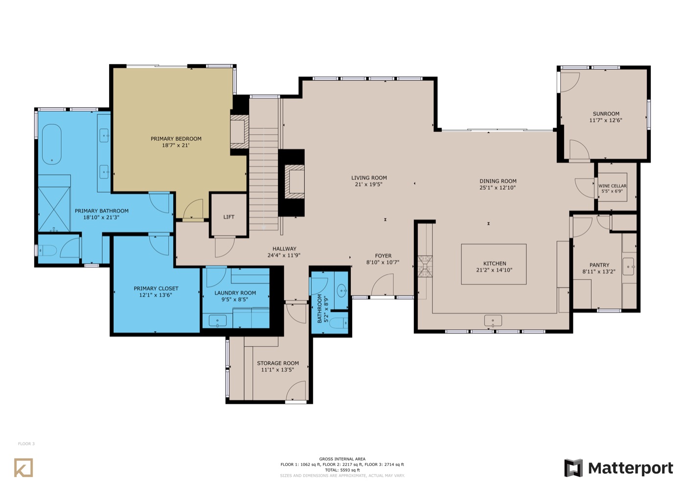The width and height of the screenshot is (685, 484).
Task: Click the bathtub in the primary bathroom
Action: click(52, 144)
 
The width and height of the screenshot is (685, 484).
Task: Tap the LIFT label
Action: click(229, 217)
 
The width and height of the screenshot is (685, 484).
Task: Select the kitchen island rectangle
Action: click(494, 264)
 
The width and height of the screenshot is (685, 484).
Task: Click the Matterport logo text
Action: click(631, 468)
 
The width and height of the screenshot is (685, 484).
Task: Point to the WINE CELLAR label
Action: click(612, 186)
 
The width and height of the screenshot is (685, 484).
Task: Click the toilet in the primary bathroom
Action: click(47, 250)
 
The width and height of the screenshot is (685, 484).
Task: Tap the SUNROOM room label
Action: click(606, 113)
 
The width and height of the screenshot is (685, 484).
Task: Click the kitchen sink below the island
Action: click(493, 321)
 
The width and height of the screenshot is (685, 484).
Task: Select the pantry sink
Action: click(628, 266)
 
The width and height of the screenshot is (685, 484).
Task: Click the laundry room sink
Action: click(218, 321)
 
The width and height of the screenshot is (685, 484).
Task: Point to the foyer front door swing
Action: click(382, 285)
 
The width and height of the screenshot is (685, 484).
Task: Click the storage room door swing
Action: click(296, 391)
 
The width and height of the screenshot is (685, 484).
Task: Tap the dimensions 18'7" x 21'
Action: click(176, 145)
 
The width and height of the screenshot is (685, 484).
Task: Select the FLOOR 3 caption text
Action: click(26, 444)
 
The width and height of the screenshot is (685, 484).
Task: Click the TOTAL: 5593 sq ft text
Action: click(342, 470)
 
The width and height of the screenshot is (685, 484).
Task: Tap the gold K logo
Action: click(23, 467)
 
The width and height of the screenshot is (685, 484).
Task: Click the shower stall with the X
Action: click(54, 209)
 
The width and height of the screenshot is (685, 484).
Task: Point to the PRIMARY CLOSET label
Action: click(156, 288)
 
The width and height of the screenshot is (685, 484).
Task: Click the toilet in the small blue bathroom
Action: click(340, 323)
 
